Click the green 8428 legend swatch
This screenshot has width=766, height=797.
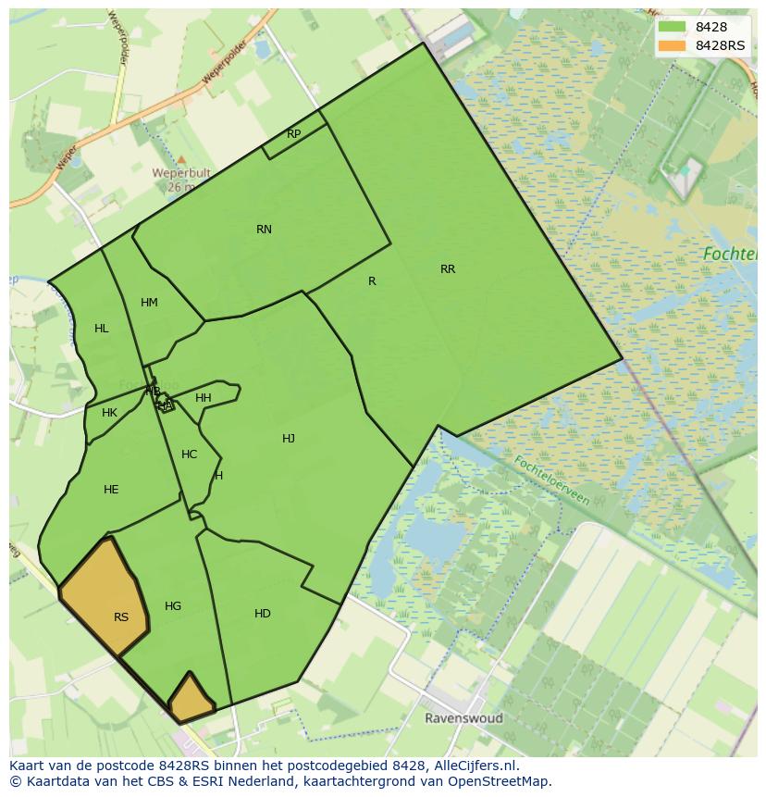672,27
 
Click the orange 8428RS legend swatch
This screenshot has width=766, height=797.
672,45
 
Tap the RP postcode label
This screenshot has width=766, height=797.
293,134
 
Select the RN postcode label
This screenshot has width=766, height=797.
264,230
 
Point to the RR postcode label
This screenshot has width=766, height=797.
448,269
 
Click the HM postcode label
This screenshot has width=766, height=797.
149,303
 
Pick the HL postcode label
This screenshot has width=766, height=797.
101,329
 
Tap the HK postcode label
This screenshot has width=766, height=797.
109,413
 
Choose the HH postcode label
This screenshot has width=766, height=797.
204,398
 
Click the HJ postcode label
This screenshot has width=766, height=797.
289,439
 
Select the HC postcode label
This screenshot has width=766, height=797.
189,455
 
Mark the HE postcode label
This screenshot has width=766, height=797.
111,490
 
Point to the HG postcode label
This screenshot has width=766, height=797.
173,606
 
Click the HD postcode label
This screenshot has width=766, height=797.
263,614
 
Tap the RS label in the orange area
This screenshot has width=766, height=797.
121,617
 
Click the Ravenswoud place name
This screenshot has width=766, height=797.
463,718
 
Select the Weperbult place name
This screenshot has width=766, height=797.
181,173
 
